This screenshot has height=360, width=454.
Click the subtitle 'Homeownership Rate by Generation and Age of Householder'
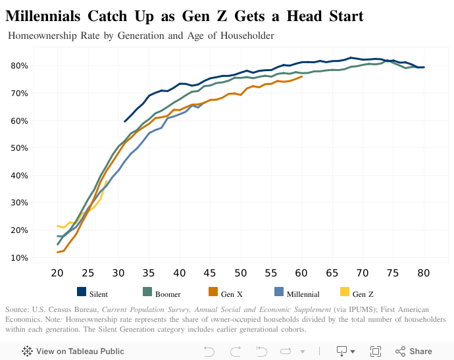pos(141,36)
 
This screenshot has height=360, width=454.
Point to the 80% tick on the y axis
pos(19,66)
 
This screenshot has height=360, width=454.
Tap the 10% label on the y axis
pos(19,257)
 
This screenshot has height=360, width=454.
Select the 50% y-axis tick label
pos(19,148)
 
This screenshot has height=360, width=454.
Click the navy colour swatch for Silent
pos(82,292)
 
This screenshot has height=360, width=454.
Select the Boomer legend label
pos(168,295)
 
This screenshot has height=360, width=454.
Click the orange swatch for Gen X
pos(213,292)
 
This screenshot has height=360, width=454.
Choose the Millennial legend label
pos(303,295)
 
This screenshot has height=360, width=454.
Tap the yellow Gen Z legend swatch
pos(344,292)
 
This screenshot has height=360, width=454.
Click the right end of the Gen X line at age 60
pos(301,76)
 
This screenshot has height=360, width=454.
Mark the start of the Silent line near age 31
pos(125,121)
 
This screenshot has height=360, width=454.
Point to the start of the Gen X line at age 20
pos(58,252)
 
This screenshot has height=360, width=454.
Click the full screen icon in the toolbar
pos(376,351)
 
